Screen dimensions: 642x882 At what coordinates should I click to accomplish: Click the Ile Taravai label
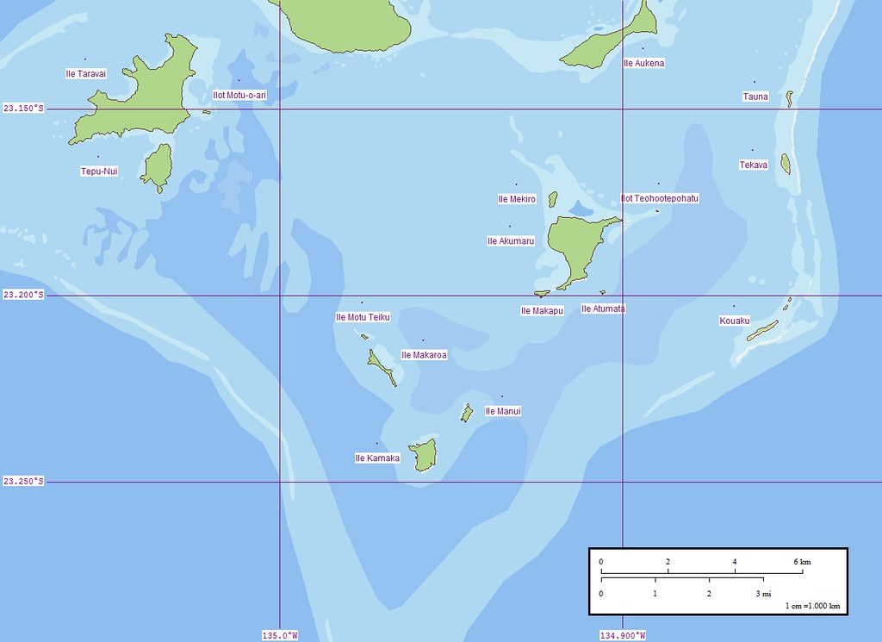pyautogui.click(x=85, y=74)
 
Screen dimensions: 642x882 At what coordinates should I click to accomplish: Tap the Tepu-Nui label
pyautogui.click(x=99, y=171)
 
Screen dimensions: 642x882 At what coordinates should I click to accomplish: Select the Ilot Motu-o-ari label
pyautogui.click(x=239, y=95)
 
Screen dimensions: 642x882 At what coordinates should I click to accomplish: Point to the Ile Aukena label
pyautogui.click(x=643, y=64)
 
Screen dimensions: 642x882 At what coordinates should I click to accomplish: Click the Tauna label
pyautogui.click(x=755, y=97)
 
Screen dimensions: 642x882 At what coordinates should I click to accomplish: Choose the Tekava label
pyautogui.click(x=753, y=165)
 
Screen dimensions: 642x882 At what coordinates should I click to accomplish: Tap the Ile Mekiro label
pyautogui.click(x=517, y=199)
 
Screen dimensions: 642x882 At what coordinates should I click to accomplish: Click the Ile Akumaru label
pyautogui.click(x=511, y=241)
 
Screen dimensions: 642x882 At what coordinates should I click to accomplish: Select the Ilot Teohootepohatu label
pyautogui.click(x=660, y=198)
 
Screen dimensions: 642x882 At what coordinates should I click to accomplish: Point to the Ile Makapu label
pyautogui.click(x=542, y=311)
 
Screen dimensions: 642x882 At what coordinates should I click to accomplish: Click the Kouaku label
pyautogui.click(x=735, y=321)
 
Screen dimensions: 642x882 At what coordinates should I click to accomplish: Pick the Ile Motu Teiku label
pyautogui.click(x=363, y=317)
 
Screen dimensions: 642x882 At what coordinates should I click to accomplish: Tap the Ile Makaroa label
pyautogui.click(x=424, y=355)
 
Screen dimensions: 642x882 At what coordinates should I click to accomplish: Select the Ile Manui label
pyautogui.click(x=503, y=412)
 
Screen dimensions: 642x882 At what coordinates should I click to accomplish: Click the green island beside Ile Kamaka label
pyautogui.click(x=424, y=455)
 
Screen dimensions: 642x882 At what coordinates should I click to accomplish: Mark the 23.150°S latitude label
pyautogui.click(x=23, y=109)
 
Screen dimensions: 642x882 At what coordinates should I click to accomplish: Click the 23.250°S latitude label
pyautogui.click(x=23, y=482)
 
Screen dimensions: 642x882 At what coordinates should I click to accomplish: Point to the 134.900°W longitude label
pyautogui.click(x=622, y=636)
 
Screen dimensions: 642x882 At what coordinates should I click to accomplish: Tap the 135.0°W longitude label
pyautogui.click(x=280, y=636)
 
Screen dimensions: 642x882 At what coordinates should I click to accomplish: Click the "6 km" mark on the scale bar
pyautogui.click(x=801, y=562)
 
